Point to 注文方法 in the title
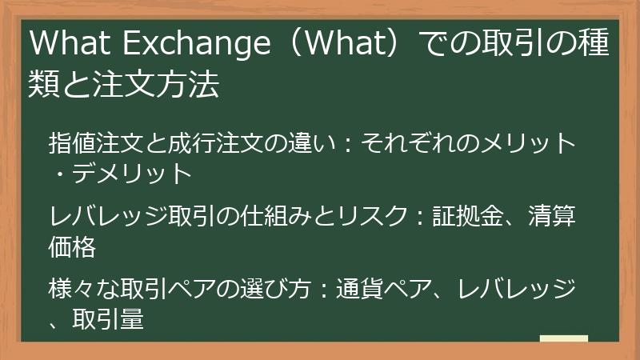(157, 84)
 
